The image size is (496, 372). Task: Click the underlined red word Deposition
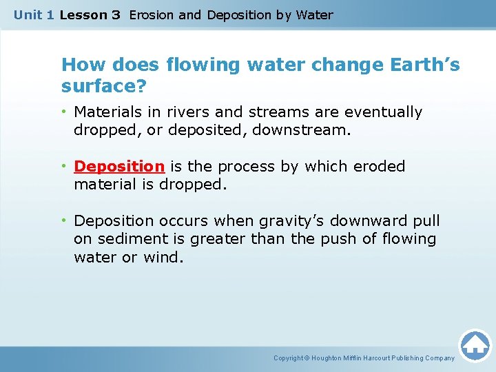[x=118, y=167]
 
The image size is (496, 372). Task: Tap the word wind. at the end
[x=166, y=257]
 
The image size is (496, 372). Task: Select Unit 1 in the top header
[x=33, y=14]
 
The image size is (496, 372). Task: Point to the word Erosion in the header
[x=152, y=14]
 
